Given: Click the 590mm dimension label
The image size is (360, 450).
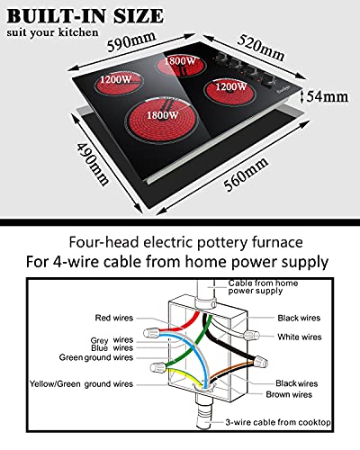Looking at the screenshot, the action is pyautogui.click(x=131, y=41).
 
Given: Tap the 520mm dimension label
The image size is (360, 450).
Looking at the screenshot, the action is pyautogui.click(x=261, y=48).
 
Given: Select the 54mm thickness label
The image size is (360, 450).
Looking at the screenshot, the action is pyautogui.click(x=328, y=96).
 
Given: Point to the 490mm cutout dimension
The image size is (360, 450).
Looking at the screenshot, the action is pyautogui.click(x=93, y=164).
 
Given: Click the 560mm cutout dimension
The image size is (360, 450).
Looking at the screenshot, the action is pyautogui.click(x=246, y=174).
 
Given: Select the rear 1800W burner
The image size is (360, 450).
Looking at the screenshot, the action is pyautogui.click(x=181, y=65).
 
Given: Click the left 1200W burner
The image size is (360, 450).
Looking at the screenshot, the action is pyautogui.click(x=118, y=82).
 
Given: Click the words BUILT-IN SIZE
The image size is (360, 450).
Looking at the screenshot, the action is pyautogui.click(x=85, y=16).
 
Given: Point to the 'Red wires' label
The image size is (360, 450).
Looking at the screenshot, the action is pyautogui.click(x=114, y=318).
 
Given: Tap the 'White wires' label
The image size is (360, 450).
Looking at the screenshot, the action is pyautogui.click(x=300, y=337).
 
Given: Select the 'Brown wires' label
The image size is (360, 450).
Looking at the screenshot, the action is pyautogui.click(x=289, y=394).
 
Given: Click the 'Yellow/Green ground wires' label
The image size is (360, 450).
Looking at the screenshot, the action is pyautogui.click(x=81, y=384).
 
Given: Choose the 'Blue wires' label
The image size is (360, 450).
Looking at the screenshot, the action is pyautogui.click(x=112, y=348).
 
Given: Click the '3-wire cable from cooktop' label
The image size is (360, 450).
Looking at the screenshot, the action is pyautogui.click(x=278, y=422).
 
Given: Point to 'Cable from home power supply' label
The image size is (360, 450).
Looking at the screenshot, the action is pyautogui.click(x=263, y=287).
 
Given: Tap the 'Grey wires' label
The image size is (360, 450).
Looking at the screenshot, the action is pyautogui.click(x=112, y=340).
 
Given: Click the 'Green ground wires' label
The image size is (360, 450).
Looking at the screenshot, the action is pyautogui.click(x=96, y=357).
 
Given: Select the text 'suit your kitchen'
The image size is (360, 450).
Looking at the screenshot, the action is pyautogui.click(x=52, y=32).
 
